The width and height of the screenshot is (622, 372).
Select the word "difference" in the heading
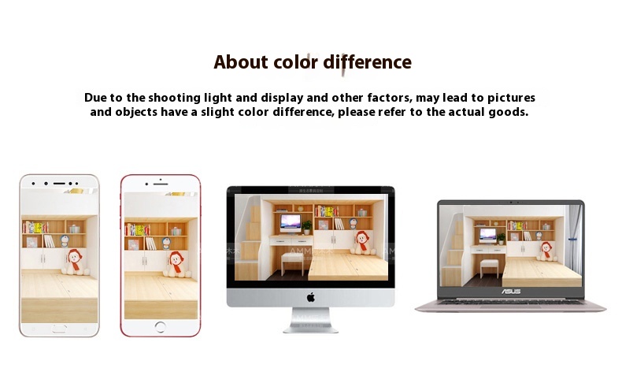pyautogui.click(x=368, y=62)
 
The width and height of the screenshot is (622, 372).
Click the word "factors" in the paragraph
pyautogui.click(x=390, y=98)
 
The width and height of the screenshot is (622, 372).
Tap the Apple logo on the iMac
pyautogui.click(x=310, y=297)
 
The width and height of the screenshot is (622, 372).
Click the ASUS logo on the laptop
pyautogui.click(x=511, y=292)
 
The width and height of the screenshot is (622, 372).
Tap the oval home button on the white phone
pyautogui.click(x=59, y=329)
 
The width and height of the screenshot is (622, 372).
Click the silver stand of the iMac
pyautogui.click(x=310, y=320)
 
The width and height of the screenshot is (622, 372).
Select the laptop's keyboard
pyautogui.click(x=510, y=303)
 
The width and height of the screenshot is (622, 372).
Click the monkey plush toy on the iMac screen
pyautogui.click(x=362, y=243)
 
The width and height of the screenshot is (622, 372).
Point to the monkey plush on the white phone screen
pyautogui.click(x=74, y=262)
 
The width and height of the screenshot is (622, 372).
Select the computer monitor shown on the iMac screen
pyautogui.click(x=291, y=224)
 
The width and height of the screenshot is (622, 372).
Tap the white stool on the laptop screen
pyautogui.click(x=489, y=269)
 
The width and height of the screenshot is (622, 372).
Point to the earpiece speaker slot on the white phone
pyautogui.click(x=59, y=184)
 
